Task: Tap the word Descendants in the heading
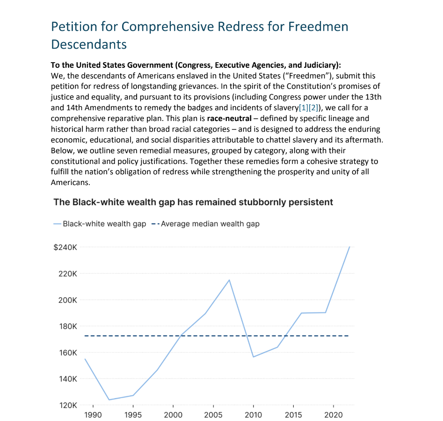89,44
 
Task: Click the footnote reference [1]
302,107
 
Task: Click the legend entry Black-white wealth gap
104,224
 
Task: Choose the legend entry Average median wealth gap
210,224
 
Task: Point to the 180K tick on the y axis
67,326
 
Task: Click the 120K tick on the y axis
67,405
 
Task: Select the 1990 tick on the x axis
93,414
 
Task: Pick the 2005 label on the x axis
213,414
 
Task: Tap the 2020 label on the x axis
333,414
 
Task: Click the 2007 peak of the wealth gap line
229,280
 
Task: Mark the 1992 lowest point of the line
109,400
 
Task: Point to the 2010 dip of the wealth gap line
253,357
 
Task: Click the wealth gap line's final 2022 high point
349,247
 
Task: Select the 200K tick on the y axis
67,300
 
